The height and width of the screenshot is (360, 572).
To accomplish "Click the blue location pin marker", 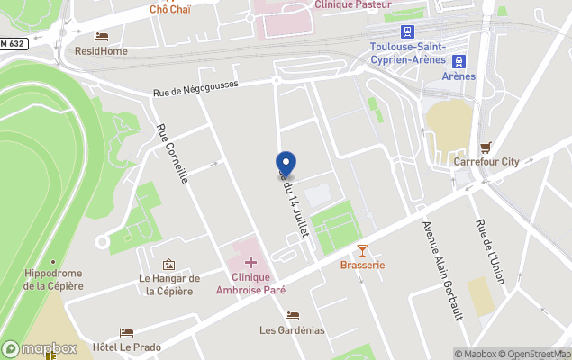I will pos(286,165).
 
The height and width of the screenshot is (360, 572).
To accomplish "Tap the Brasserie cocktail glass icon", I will pos(362,249).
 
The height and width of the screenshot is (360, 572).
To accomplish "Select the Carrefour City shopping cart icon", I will pos(486,147).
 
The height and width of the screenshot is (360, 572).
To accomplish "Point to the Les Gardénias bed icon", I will pos(292,315).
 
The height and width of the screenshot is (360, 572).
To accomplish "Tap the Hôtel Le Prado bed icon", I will pos(126,332).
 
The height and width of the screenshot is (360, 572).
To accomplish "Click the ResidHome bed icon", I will pos(101,37).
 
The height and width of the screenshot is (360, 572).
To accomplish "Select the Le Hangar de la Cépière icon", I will pos(168,265).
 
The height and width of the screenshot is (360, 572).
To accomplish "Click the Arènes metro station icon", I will pos(459,61).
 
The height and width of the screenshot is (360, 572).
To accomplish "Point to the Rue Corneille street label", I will pos(173,154).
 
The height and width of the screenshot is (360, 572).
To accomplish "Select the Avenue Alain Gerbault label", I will pos(437,256).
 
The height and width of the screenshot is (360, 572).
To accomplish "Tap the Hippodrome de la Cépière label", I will pos(54,279).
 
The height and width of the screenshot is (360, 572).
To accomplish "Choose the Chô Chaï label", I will pos(169,9).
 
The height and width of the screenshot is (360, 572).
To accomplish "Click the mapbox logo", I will pos(40,348).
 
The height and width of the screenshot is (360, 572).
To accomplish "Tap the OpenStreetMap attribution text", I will pos(537,354).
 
